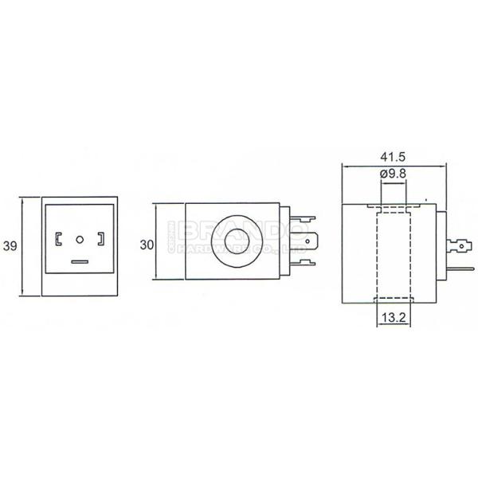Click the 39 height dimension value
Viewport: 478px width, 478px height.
coord(10,247)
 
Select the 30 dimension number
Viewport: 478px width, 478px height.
coord(146,245)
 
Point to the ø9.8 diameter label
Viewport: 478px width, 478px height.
coord(393,174)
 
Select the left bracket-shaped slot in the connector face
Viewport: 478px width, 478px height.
coord(59,238)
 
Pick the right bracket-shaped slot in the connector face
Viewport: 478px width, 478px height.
coord(100,238)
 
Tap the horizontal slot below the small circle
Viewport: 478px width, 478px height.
coord(80,261)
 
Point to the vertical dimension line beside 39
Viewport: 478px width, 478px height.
coord(24,246)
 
